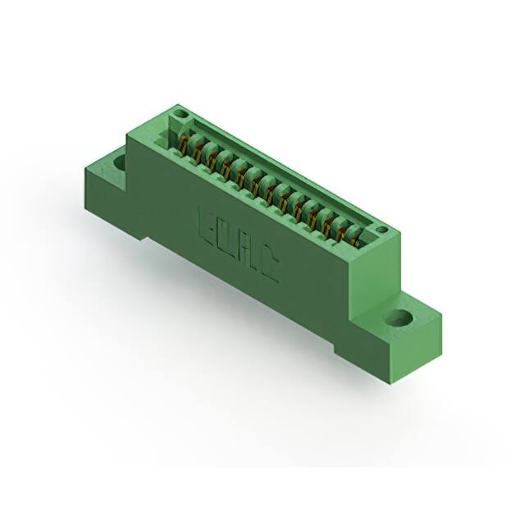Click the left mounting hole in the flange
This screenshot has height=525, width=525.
120,161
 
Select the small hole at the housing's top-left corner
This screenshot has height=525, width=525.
183,114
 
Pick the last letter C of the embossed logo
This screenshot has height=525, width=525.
270,267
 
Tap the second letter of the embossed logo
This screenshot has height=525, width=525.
224,237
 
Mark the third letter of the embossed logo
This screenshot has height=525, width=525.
248,252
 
